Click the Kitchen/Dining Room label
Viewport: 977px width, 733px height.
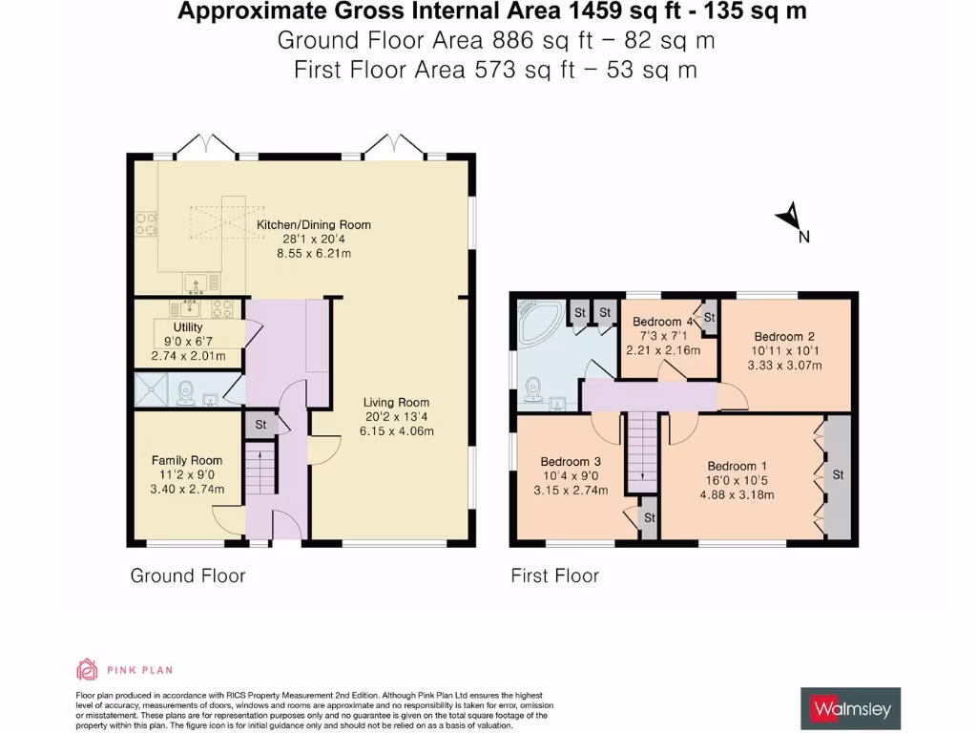point(313,224)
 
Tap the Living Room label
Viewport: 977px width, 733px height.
point(396,402)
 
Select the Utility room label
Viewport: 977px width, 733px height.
point(188,326)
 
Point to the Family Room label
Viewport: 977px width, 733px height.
point(187,460)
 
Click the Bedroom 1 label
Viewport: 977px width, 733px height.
point(738,466)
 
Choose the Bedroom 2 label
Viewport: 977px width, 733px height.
point(784,336)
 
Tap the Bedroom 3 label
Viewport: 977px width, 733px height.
point(571,461)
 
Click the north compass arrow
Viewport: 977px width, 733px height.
point(789,217)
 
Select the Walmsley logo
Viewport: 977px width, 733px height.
point(850,709)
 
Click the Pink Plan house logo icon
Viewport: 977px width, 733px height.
point(87,669)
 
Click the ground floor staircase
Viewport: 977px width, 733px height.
point(260,468)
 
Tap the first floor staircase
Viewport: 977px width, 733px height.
point(642,452)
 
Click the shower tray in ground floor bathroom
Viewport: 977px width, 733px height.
point(152,389)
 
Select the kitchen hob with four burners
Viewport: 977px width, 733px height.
point(147,225)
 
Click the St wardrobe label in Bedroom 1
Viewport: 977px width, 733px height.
point(838,474)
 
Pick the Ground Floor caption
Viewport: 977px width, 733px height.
point(188,576)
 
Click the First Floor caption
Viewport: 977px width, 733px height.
point(554,576)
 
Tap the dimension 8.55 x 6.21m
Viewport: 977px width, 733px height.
point(313,253)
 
